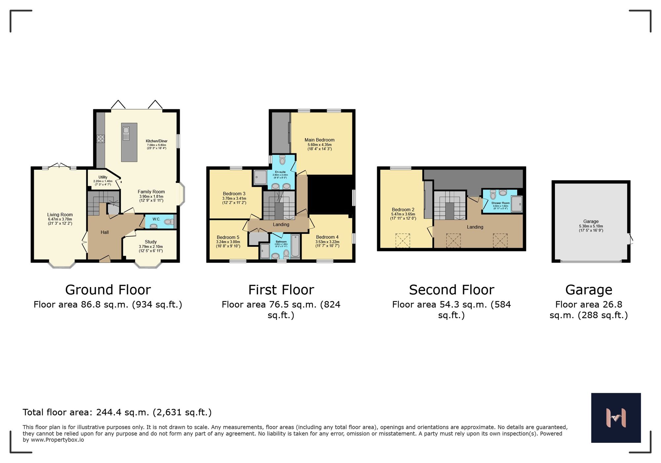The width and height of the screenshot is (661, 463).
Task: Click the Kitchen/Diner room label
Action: [x=156, y=141]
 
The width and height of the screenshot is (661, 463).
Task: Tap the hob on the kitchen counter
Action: [x=100, y=139]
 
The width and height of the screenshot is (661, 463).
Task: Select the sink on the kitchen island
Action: [x=126, y=134]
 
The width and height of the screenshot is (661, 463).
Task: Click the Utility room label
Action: [x=103, y=177]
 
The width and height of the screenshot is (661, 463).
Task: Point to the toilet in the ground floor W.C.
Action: [x=169, y=222]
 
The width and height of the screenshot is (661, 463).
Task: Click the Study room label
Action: [x=151, y=242]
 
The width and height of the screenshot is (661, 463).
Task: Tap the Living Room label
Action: [x=60, y=215]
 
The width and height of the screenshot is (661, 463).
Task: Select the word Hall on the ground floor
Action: [x=105, y=232]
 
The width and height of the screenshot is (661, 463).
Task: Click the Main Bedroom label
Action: [x=319, y=140]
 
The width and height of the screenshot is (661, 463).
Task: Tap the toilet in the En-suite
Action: [x=282, y=160]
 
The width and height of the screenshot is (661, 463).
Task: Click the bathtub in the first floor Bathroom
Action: [x=295, y=246]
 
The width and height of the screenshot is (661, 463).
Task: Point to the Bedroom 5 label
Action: [x=228, y=237]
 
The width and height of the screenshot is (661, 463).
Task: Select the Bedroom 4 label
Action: [x=327, y=237]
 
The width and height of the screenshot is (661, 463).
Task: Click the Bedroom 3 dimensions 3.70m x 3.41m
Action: [x=234, y=198]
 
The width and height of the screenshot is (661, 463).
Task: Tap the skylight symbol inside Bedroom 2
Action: [x=403, y=240]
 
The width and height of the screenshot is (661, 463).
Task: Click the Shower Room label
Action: [x=500, y=203]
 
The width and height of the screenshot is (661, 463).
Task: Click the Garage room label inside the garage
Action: [x=591, y=222]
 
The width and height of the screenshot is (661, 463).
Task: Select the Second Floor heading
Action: [x=451, y=290]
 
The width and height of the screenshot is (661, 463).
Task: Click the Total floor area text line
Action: [x=117, y=412]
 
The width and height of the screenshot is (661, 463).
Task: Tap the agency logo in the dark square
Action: [x=616, y=418]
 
